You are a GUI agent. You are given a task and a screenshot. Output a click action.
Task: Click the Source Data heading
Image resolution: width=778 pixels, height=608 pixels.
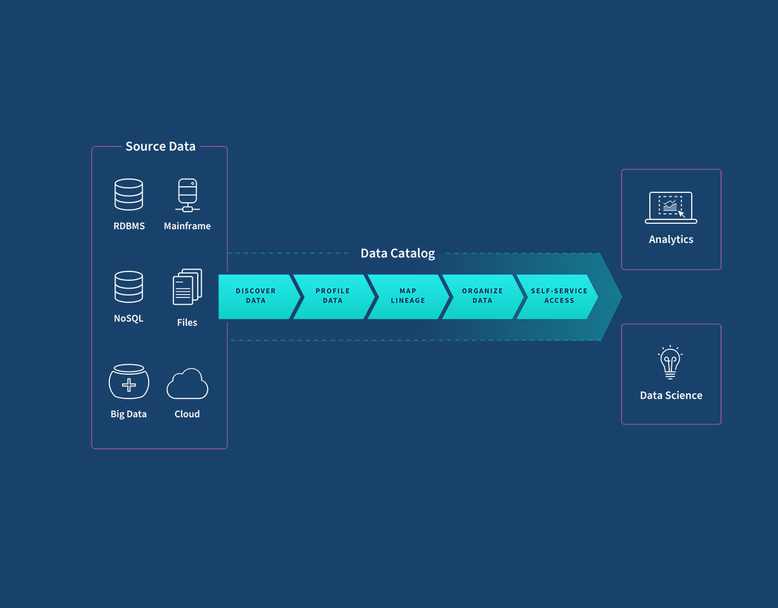160,146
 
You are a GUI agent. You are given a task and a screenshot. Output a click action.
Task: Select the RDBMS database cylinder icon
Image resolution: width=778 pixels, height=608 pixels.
129,195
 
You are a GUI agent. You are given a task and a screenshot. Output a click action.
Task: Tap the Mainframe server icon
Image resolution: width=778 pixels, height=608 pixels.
187,195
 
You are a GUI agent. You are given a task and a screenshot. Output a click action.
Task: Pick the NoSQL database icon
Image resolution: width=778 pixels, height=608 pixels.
129,287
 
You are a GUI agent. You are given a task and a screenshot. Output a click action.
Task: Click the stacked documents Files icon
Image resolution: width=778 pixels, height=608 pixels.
187,287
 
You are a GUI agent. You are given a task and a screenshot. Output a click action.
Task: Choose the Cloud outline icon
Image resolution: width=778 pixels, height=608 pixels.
187,384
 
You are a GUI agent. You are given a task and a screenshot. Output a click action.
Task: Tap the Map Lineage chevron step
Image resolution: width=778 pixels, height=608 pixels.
408,296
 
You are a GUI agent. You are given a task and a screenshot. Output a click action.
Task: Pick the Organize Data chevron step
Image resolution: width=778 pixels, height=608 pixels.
482,296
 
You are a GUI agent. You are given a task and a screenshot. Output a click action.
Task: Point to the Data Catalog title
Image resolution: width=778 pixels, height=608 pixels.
397,253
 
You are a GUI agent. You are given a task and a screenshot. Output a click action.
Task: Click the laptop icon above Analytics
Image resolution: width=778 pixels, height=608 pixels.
671,208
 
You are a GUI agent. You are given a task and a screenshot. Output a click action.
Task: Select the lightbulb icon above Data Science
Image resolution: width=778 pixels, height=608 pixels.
670,363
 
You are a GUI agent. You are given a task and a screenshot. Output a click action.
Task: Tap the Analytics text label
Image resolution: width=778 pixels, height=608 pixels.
671,239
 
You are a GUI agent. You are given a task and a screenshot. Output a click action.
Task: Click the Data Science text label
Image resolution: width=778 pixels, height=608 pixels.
671,395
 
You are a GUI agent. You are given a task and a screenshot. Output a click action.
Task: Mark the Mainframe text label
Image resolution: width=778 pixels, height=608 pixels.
187,226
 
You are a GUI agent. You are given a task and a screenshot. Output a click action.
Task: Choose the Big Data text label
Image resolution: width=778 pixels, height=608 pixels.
129,414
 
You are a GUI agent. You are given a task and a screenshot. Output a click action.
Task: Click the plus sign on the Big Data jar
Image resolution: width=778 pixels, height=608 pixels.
129,385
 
